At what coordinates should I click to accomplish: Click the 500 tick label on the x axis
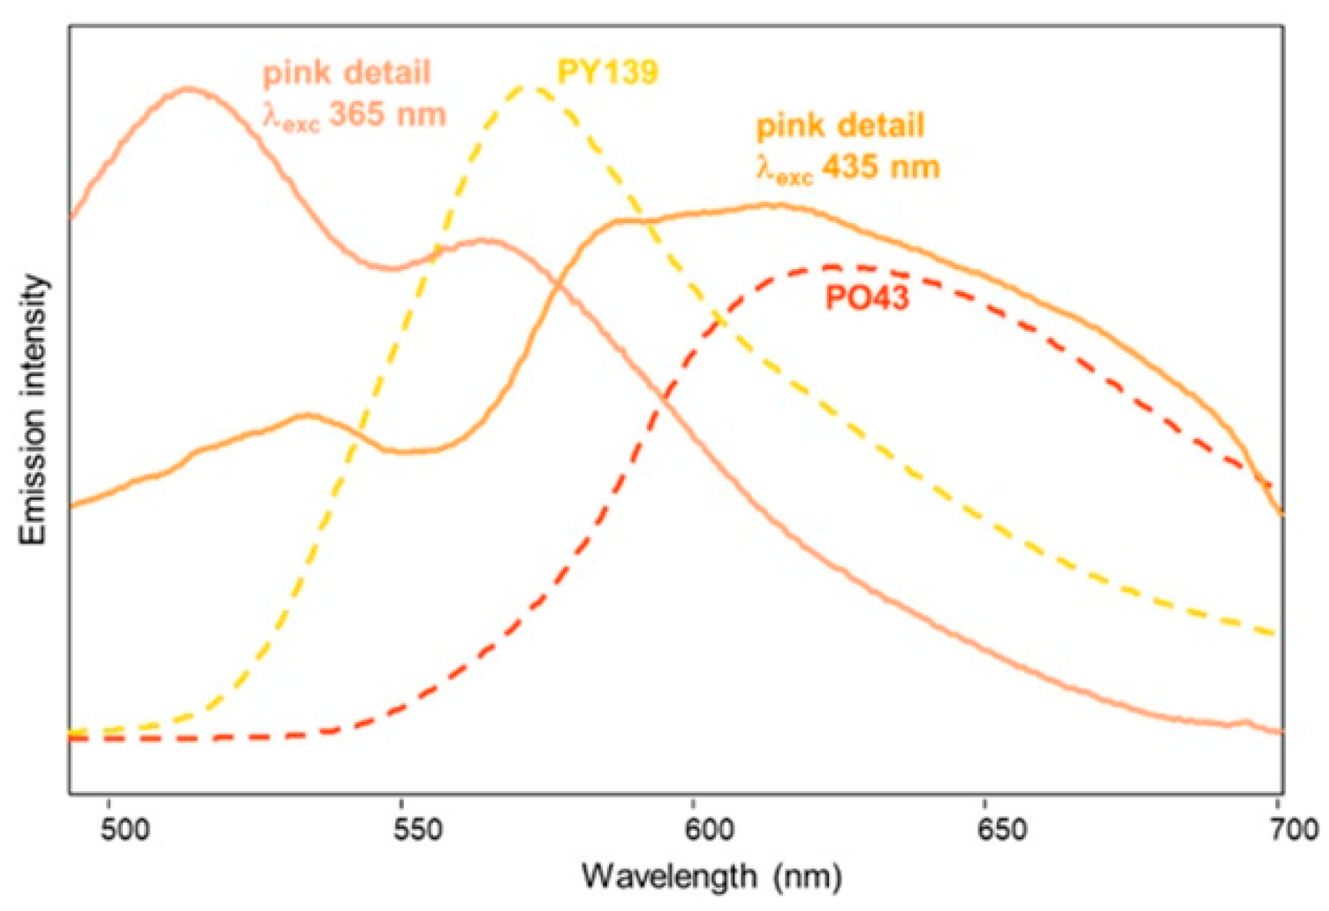[x=127, y=831]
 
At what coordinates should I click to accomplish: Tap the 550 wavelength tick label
[x=418, y=831]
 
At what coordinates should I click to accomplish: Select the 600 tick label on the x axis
[x=710, y=831]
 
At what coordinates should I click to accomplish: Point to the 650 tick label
[x=1002, y=831]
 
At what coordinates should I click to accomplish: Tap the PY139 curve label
[x=608, y=72]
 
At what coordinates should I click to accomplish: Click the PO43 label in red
[x=867, y=298]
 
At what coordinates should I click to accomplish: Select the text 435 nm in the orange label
[x=881, y=167]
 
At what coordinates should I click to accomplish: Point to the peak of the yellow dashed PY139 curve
[x=529, y=87]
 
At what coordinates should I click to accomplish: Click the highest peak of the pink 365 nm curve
[x=189, y=89]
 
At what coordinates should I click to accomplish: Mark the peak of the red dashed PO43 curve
[x=832, y=267]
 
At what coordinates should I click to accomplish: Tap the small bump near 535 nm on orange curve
[x=308, y=415]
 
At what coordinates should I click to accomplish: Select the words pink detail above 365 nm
[x=347, y=73]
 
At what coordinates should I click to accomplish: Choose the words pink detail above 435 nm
[x=841, y=126]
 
